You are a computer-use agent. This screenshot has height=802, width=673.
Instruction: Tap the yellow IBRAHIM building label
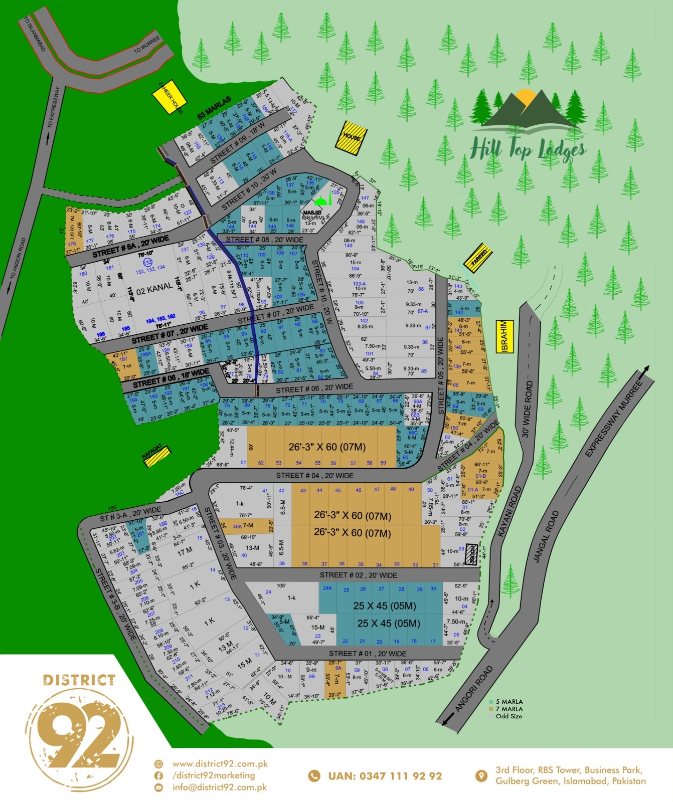(505, 336)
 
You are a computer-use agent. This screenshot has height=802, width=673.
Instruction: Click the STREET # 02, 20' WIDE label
(359, 575)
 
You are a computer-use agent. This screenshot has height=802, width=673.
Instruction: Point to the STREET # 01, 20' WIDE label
(368, 654)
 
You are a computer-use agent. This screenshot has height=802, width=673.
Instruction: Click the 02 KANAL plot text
(154, 289)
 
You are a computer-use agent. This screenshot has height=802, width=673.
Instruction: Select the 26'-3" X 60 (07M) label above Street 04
(326, 447)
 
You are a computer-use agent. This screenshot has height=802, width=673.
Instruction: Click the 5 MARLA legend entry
(509, 702)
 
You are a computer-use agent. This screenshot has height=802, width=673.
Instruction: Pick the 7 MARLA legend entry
(509, 709)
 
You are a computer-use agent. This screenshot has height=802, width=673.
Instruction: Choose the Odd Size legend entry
(508, 716)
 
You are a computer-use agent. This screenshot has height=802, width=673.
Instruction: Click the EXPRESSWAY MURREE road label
(614, 419)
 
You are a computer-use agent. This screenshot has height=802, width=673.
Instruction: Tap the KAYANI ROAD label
(510, 512)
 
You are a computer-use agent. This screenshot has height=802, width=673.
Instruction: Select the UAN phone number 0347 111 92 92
(385, 776)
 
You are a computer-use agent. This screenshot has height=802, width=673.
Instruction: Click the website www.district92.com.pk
(220, 764)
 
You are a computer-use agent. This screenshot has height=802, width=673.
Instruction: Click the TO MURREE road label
(147, 45)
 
